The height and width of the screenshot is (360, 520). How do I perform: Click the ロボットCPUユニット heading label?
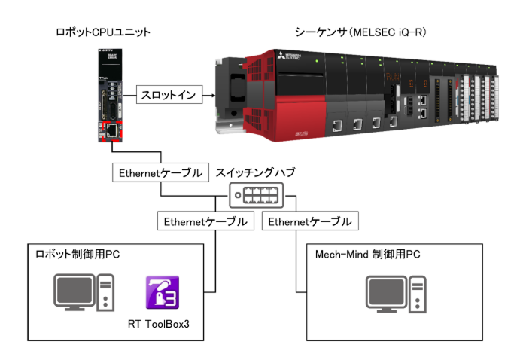(x=103, y=32)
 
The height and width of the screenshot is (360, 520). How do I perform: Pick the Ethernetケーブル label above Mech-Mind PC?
(x=309, y=222)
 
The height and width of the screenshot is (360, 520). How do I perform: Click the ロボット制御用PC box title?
(x=78, y=255)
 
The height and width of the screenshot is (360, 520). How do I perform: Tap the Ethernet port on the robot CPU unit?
(x=109, y=130)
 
